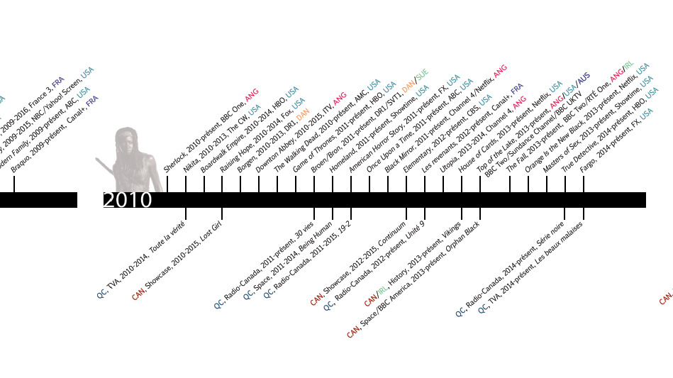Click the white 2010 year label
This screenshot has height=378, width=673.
point(128,200)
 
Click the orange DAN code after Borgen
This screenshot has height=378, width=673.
point(303,113)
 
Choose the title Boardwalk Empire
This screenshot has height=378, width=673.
point(215,160)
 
